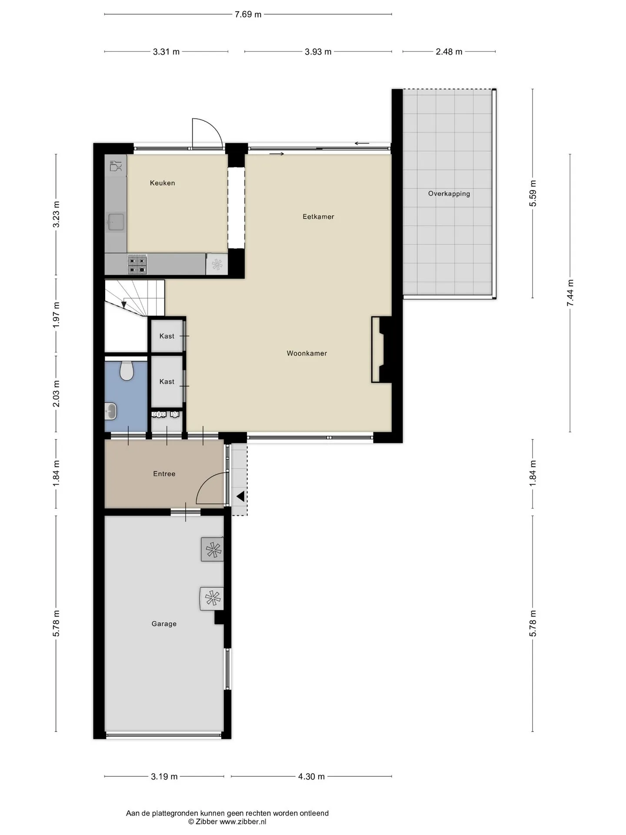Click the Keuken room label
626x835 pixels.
pos(162,183)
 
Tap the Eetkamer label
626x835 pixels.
pos(318,217)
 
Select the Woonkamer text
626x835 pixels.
pos(306,354)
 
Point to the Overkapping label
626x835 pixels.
pos(449,194)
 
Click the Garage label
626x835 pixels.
pos(164,624)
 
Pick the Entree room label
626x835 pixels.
pos(164,474)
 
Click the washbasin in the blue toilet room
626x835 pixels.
pos(111,411)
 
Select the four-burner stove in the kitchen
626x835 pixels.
pos(137,265)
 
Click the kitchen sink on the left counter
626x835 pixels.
pos(116,222)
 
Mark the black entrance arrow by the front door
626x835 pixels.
pos(240,496)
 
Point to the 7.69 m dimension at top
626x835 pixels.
pos(248,14)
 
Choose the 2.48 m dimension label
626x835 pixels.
pos(449,52)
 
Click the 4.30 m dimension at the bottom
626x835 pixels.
pos(311,777)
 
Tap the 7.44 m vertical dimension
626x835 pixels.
pos(570,293)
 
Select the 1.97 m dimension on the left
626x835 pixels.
pos(56,315)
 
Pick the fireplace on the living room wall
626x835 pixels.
pos(382,350)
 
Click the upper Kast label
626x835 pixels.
pos(166,336)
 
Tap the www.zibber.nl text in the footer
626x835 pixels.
pos(243,822)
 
